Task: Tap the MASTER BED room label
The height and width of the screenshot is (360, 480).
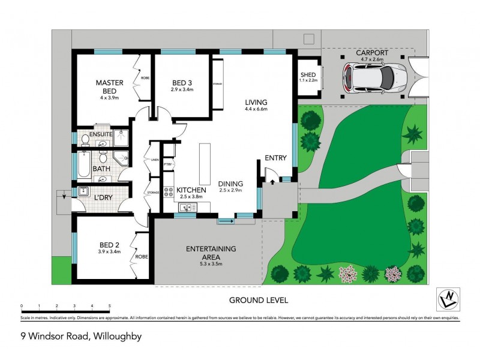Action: point(110,86)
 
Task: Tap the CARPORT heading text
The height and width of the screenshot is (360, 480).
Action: point(372,53)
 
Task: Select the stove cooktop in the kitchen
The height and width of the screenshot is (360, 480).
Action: point(169,193)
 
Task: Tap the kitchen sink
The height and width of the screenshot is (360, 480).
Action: point(187,208)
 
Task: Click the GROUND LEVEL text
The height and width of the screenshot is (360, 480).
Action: point(259,299)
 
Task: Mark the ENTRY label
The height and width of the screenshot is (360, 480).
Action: point(276,158)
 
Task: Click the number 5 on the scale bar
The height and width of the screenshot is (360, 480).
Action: point(110,306)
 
